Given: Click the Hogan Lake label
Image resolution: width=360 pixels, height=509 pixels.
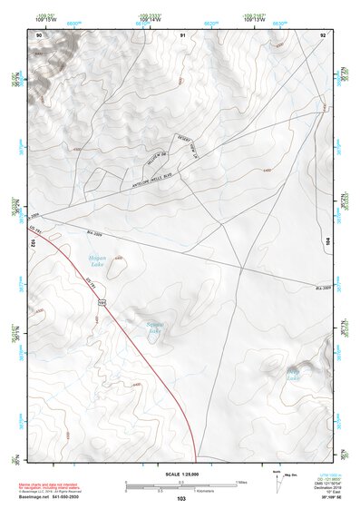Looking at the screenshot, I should point(98,261).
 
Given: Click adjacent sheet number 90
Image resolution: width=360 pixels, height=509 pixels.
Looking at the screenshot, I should point(39,34).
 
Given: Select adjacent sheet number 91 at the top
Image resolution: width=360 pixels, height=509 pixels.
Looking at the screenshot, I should point(182,34).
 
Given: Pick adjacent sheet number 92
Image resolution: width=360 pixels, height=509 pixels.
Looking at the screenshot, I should point(323,34).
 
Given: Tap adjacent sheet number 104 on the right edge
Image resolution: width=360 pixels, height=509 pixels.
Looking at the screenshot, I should point(327,242).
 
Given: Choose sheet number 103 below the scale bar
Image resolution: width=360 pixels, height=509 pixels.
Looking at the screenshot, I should point(181,499).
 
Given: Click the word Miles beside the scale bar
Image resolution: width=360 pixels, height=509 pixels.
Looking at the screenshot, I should point(241,482).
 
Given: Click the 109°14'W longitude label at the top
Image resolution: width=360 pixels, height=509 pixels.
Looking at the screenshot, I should point(145,18).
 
